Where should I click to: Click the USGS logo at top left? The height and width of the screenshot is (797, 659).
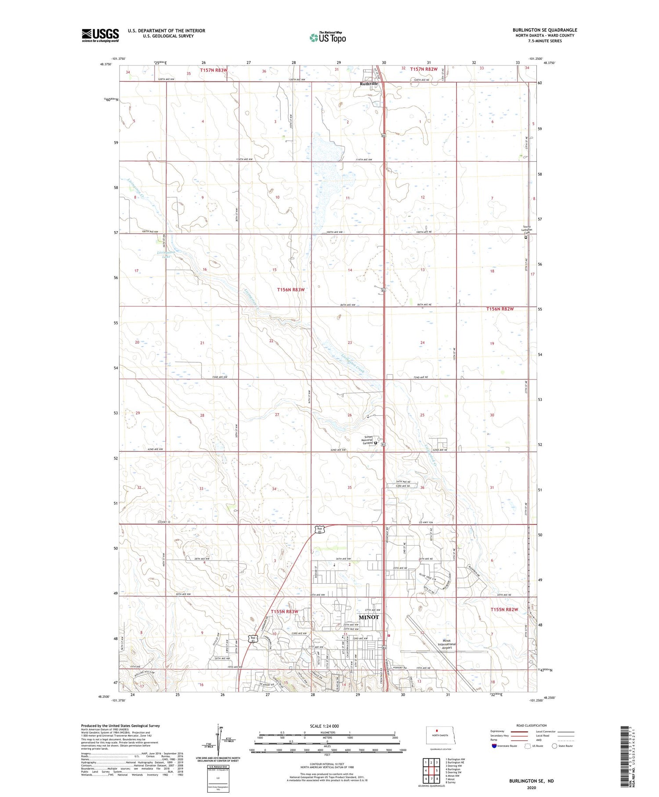[100, 35]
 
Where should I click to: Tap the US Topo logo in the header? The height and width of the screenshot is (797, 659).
[327, 37]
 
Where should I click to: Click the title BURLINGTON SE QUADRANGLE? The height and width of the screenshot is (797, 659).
[544, 30]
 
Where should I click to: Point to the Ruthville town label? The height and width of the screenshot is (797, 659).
[369, 84]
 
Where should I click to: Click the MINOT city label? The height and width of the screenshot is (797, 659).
[369, 617]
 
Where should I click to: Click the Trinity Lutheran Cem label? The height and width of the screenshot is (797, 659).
[526, 230]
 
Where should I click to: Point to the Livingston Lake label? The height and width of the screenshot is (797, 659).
[166, 254]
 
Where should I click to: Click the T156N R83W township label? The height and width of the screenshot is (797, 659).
[290, 290]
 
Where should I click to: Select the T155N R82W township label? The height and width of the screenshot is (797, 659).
[504, 609]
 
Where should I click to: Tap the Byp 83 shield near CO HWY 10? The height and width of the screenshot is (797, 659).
[320, 530]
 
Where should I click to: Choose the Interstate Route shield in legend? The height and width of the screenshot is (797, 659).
[494, 746]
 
